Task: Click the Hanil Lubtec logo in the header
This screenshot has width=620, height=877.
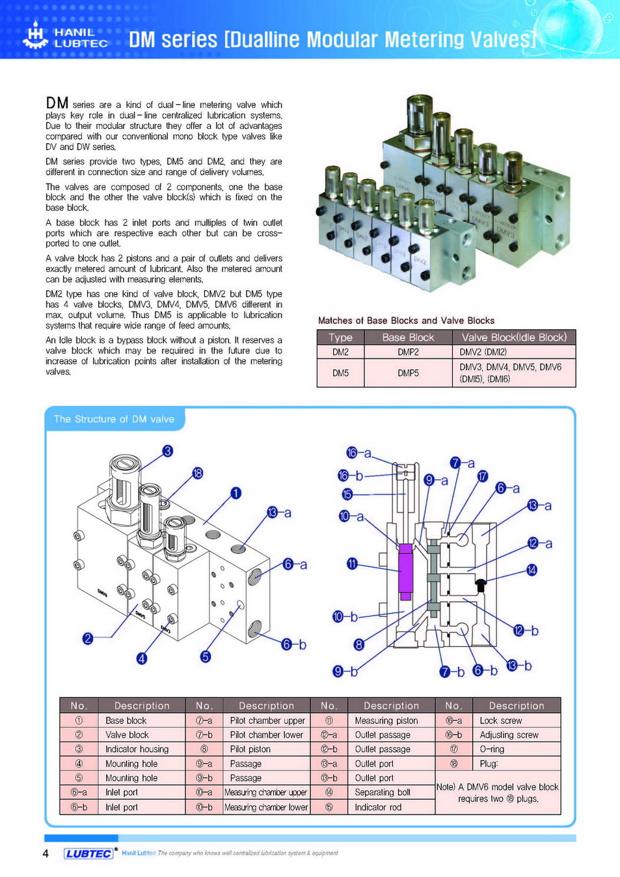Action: point(65,36)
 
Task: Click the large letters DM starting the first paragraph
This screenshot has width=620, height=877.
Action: point(57,103)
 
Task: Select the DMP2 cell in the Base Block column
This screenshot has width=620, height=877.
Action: point(408,352)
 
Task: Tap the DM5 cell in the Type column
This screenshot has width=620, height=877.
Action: point(340,373)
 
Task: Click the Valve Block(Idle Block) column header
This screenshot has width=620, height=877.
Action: point(514,337)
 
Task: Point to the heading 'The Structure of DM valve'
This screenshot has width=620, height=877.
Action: point(114,419)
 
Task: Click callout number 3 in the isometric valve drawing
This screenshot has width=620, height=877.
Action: point(168,451)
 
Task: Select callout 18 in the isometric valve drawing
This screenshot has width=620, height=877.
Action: point(198,473)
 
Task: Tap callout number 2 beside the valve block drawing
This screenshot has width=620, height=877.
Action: point(88,638)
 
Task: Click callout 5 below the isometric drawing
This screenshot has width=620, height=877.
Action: point(206,656)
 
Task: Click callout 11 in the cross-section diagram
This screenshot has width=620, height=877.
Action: point(352,563)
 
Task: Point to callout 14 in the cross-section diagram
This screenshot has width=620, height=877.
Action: point(532,570)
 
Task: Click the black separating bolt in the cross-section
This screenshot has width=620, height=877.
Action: point(481,584)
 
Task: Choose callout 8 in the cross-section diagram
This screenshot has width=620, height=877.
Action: point(358,645)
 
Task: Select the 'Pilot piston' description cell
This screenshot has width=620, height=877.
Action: point(250,749)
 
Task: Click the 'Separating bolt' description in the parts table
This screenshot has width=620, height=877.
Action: point(383,792)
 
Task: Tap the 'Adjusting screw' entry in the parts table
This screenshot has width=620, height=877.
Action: point(509,735)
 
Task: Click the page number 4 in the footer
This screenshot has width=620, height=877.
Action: point(46,854)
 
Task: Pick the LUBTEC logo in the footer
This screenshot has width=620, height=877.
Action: point(88,854)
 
